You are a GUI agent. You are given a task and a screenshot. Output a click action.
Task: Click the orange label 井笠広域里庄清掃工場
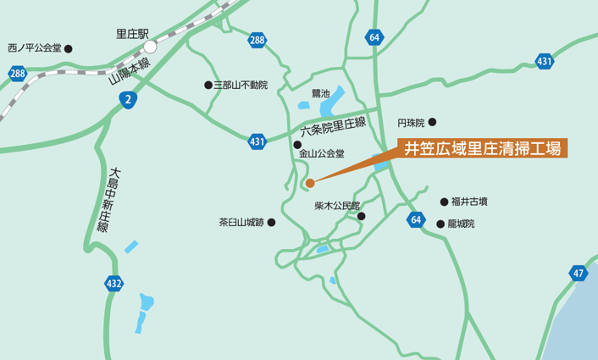click(x=482, y=148)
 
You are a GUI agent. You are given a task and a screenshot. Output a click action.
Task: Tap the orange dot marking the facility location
click(x=310, y=182)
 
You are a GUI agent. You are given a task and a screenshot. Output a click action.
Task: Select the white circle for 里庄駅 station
click(x=150, y=47)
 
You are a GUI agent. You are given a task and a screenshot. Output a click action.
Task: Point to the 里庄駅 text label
click(x=132, y=35)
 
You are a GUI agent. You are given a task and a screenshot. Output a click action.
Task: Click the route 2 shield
click(x=127, y=100)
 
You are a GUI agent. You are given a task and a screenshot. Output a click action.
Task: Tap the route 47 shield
click(x=579, y=273)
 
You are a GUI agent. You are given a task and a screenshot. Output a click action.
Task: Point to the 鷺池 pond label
click(x=323, y=90)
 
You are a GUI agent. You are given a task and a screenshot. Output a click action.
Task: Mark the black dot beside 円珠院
click(x=432, y=122)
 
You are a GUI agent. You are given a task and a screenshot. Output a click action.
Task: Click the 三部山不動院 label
click(x=241, y=85)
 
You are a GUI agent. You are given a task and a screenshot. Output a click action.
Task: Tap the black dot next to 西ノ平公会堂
click(x=69, y=48)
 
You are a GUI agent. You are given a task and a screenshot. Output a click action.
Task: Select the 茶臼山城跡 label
click(x=241, y=223)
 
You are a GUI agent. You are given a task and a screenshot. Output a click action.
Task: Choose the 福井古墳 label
click(x=469, y=202)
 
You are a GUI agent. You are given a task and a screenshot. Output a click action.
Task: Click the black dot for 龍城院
click(x=440, y=224)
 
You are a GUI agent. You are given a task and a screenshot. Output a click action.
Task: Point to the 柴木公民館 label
click(x=337, y=205)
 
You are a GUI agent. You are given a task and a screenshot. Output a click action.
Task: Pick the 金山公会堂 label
click(x=322, y=154)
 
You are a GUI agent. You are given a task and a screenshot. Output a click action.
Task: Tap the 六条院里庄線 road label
click(x=334, y=128)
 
